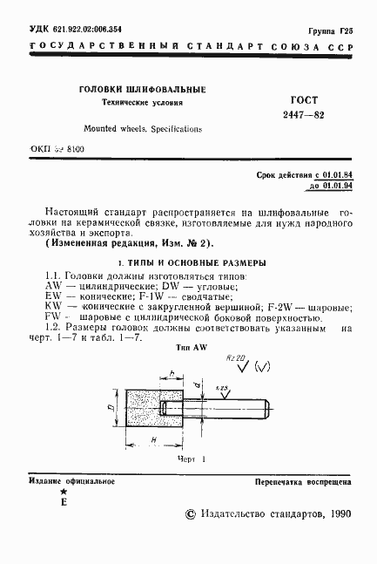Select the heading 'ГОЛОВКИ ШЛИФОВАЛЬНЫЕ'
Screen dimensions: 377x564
[x=142, y=89]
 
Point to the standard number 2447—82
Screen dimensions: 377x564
[x=278, y=116]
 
